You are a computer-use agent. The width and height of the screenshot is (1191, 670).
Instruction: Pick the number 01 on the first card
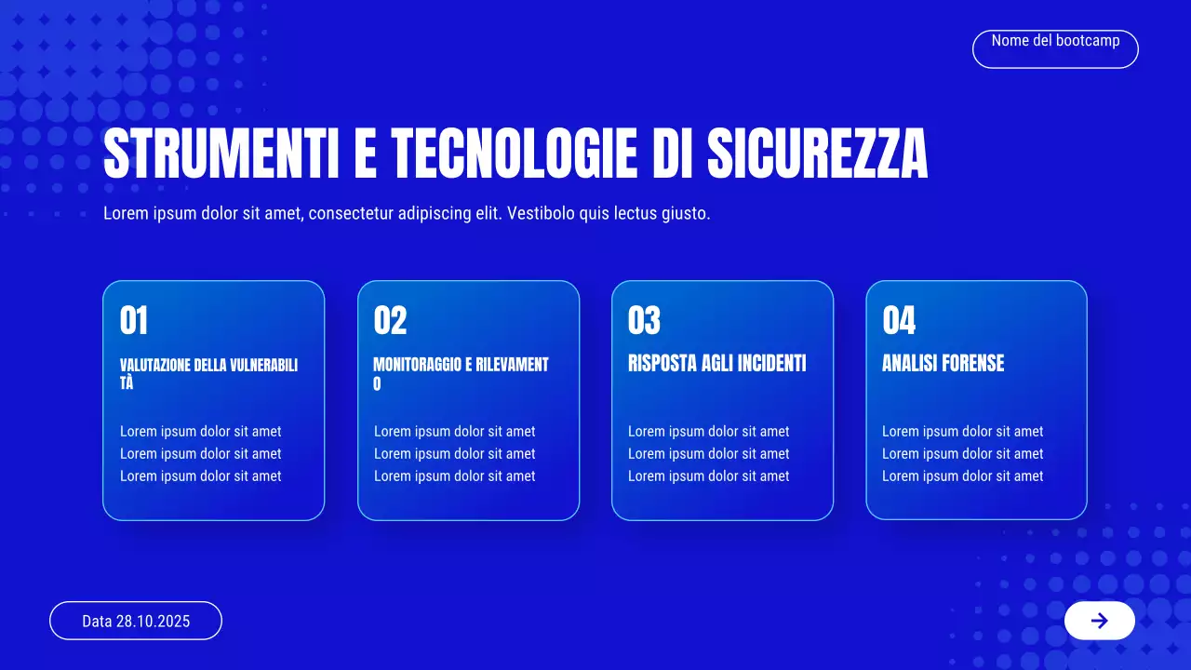pos(134,321)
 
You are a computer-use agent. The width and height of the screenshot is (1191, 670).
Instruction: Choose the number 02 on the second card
pos(390,321)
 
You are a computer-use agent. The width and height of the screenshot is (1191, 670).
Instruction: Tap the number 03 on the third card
pos(644,321)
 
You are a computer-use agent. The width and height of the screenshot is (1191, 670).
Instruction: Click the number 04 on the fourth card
pos(899,321)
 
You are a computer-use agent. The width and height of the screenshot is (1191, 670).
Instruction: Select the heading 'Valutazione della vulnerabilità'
pos(208,373)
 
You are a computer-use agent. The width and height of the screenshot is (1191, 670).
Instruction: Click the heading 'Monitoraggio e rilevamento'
pos(461,373)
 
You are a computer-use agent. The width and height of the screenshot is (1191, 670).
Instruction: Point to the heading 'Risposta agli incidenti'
pos(716,363)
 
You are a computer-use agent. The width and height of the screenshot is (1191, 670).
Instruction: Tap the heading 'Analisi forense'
pos(943,363)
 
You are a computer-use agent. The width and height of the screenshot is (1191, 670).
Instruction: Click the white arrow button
pos(1099,621)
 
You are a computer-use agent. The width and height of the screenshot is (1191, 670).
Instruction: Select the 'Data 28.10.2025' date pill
pos(136,621)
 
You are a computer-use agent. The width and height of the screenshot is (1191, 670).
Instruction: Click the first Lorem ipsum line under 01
pos(200,432)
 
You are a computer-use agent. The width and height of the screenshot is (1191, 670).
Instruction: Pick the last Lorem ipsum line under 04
pos(962,476)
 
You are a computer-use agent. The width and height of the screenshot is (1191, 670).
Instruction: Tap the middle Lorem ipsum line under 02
pos(454,454)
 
